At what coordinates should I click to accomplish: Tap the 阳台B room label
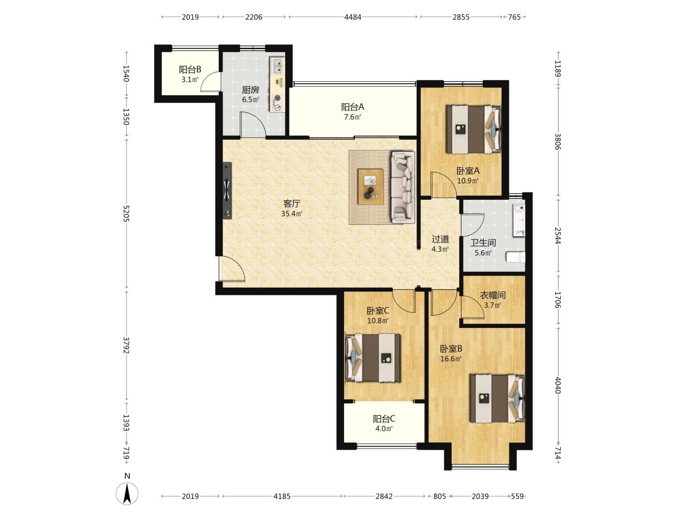tap(190, 70)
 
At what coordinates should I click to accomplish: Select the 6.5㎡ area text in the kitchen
tap(251, 100)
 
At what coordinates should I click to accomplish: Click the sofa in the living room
tap(403, 187)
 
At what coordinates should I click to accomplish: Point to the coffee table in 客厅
tap(371, 187)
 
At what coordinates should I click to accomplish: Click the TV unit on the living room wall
tap(227, 191)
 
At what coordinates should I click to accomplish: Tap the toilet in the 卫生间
tap(515, 257)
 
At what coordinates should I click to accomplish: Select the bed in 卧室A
tap(473, 130)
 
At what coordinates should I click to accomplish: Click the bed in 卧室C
tap(373, 358)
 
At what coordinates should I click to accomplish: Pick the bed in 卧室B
tap(497, 398)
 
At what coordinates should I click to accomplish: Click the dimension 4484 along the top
tap(353, 17)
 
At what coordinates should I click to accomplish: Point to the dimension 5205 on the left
tap(126, 214)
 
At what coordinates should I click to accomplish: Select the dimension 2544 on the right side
tap(558, 235)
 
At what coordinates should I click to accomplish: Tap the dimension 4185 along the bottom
tap(282, 496)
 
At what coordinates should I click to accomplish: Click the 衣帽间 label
tap(493, 295)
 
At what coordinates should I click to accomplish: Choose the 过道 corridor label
tap(440, 239)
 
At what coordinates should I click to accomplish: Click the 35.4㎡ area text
tap(291, 214)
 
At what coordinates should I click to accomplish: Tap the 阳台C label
tap(384, 418)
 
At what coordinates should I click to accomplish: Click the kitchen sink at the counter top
tap(277, 66)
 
